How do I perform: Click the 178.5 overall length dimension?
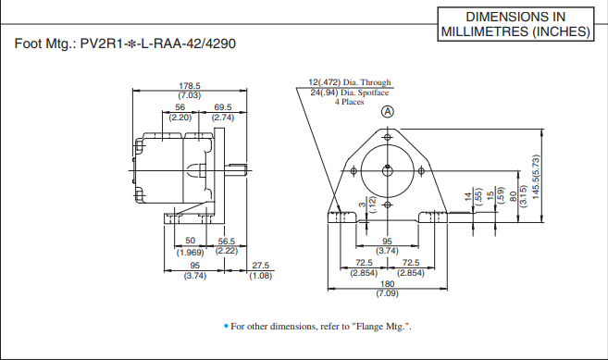tap(189, 86)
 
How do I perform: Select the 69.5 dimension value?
tap(223, 108)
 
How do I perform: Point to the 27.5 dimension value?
tap(260, 267)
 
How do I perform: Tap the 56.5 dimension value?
tap(227, 242)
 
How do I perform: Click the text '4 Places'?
tap(349, 101)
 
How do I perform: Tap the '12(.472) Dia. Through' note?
tap(350, 82)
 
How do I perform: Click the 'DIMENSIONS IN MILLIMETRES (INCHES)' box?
tap(515, 24)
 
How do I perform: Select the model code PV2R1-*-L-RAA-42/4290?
tap(155, 43)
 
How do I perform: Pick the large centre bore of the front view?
tap(388, 168)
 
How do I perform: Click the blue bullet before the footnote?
tap(225, 326)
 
